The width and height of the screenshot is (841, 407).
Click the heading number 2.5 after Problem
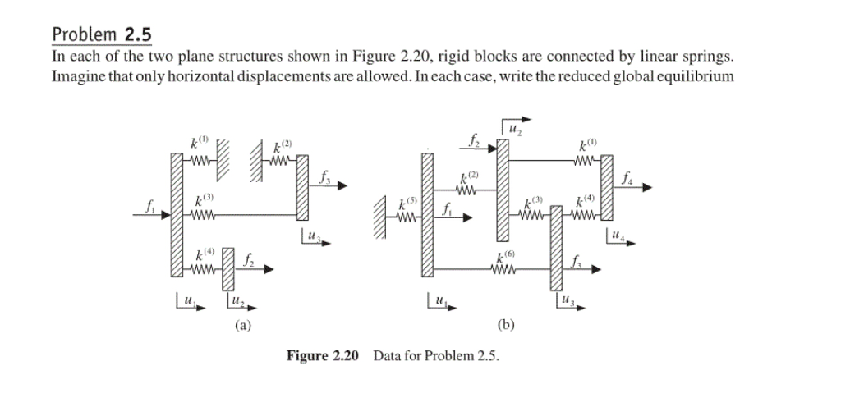coord(139,34)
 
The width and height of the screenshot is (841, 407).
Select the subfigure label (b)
coord(507,325)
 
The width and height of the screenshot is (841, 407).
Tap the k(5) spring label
coord(407,202)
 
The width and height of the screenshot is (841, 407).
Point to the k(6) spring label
coord(506,257)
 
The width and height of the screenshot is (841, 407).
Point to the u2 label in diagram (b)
coord(515,129)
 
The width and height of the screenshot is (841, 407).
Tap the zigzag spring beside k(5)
coord(406,218)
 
